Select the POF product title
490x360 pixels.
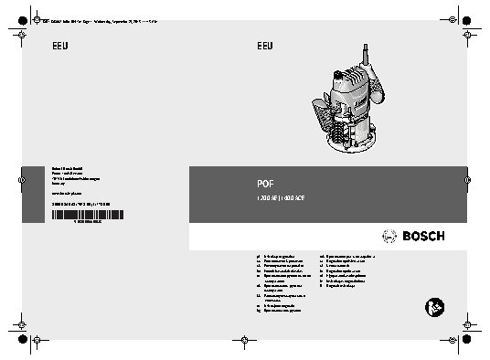coord(265,181)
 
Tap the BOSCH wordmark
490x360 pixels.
coord(419,237)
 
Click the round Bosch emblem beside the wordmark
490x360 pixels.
coord(384,237)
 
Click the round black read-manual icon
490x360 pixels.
coord(433,309)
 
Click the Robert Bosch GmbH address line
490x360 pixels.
coord(69,166)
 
